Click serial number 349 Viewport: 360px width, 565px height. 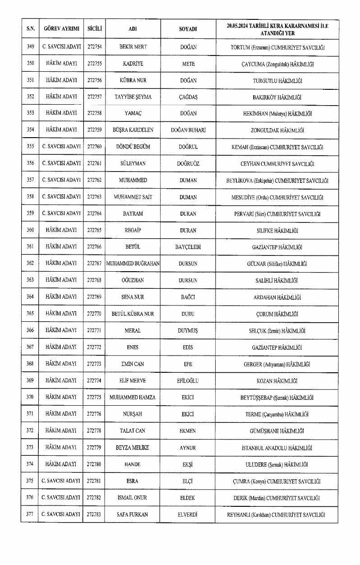30,47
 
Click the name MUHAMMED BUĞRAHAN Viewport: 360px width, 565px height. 133,264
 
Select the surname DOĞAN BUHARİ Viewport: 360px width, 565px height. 188,130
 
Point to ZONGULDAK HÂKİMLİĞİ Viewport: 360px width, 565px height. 277,130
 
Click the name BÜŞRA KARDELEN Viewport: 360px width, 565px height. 133,130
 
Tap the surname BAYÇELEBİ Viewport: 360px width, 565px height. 188,247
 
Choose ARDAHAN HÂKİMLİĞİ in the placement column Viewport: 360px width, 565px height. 277,297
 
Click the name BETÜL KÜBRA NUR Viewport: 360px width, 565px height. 133,314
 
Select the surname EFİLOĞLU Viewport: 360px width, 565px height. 188,380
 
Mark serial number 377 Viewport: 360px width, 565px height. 30,514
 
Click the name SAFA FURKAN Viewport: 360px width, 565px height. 133,514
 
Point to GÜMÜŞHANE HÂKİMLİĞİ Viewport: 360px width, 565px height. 277,431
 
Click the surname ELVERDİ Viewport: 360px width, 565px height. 188,514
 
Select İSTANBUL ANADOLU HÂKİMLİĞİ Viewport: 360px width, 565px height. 277,448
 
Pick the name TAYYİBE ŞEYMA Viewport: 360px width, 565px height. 133,97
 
